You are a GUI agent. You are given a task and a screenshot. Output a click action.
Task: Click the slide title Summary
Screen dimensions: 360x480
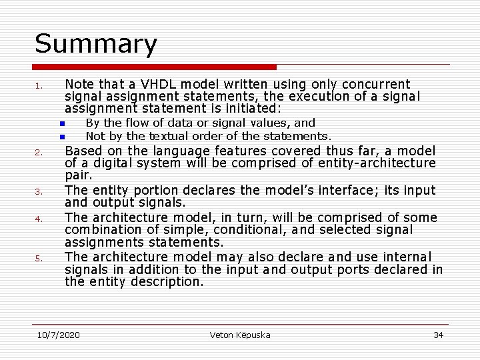[96, 44]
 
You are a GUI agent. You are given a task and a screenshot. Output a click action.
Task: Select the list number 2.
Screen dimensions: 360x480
[39, 153]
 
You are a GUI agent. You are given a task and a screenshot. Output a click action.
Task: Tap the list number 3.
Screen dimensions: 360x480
[39, 192]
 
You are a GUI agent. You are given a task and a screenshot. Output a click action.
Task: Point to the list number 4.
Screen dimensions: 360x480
[39, 219]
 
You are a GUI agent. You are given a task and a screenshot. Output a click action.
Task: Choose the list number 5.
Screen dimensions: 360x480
[39, 258]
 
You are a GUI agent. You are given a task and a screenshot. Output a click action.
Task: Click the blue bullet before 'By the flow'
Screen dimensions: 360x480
[61, 124]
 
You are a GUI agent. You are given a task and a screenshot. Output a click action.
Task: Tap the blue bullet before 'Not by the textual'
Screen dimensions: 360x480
[61, 137]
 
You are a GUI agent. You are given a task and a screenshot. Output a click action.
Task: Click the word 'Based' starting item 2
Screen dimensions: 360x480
[83, 151]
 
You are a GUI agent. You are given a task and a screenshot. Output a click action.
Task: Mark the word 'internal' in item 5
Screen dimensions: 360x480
[407, 257]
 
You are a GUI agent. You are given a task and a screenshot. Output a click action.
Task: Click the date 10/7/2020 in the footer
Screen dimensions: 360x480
[59, 335]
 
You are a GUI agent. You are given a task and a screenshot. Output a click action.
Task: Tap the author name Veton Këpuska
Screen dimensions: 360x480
[240, 335]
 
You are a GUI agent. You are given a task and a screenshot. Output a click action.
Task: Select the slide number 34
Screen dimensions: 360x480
[438, 335]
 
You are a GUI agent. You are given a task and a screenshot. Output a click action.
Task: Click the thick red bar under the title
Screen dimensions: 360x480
[154, 67]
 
